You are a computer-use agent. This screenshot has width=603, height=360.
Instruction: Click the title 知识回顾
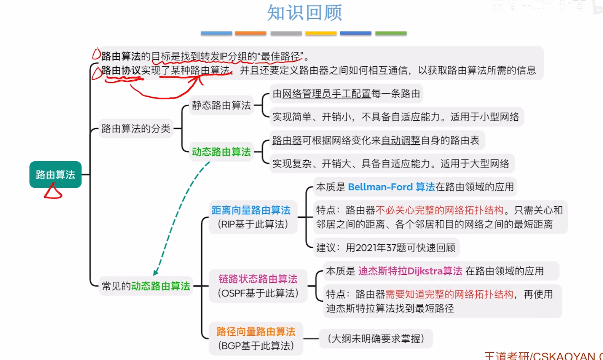(304, 13)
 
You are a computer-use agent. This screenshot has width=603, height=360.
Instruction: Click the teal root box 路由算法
(56, 175)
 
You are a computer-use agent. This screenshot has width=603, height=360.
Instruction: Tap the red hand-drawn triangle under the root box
(53, 192)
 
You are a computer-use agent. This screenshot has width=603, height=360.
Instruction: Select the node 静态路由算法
(221, 105)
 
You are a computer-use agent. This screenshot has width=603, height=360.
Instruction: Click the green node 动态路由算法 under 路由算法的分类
(221, 152)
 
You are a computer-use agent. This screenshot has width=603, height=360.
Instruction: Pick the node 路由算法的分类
(136, 129)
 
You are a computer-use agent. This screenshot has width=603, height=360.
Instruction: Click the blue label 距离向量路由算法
(251, 210)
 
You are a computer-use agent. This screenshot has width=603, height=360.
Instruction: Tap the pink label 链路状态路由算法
(258, 279)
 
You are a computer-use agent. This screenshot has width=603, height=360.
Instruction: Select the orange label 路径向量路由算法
(256, 331)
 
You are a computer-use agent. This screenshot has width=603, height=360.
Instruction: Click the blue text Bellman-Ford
(380, 187)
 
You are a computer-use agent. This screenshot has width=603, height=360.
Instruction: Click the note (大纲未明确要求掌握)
(376, 339)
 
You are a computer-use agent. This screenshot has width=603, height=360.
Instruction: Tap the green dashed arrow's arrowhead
(155, 272)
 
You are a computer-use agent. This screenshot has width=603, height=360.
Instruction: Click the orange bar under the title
(250, 33)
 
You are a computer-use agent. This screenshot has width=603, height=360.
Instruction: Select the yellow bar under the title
(321, 33)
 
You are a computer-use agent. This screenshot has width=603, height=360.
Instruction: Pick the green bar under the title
(391, 33)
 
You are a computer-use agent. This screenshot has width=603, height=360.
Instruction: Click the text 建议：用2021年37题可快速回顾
(386, 248)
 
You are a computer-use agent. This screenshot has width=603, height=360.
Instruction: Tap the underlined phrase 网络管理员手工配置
(326, 94)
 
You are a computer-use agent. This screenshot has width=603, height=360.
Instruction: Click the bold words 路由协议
(121, 70)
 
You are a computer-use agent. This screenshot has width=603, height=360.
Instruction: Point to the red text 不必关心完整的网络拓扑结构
(440, 210)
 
